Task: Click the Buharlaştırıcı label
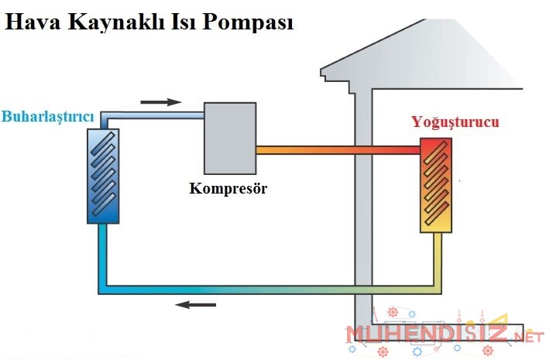48,117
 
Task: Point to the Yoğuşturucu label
455,123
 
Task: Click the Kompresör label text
228,188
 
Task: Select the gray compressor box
229,139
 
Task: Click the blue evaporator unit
103,176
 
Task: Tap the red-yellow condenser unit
437,185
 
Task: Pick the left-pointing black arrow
195,304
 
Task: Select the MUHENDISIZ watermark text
426,335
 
